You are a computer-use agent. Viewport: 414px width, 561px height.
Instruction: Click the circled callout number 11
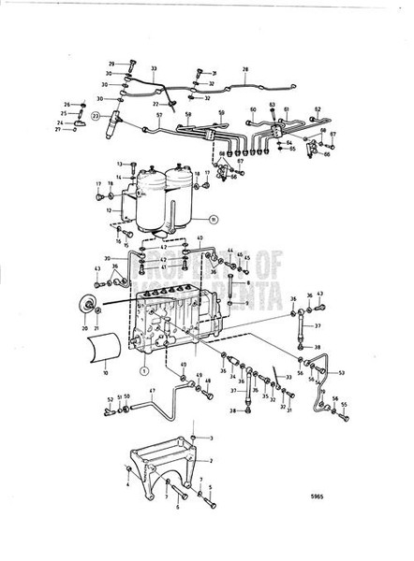(x=214, y=220)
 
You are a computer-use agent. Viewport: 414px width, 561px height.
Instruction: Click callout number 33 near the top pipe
(x=154, y=68)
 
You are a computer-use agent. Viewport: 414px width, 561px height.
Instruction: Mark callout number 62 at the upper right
(x=318, y=109)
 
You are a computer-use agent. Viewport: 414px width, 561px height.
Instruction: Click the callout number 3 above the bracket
(x=211, y=438)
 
